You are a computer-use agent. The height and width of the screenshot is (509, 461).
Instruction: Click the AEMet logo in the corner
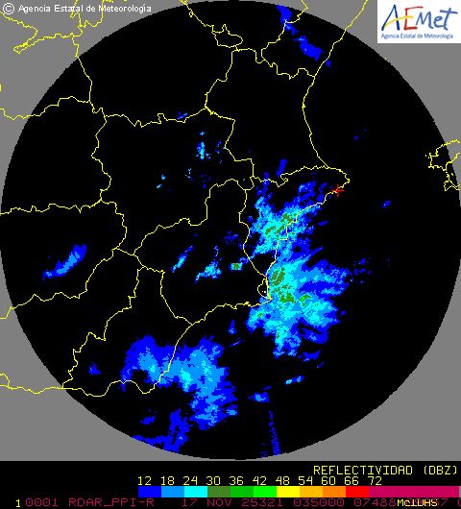click(418, 22)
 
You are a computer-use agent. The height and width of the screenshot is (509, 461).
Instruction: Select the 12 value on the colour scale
click(145, 481)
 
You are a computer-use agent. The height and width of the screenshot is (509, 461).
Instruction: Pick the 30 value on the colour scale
click(213, 481)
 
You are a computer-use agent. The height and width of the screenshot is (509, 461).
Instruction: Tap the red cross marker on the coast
click(336, 191)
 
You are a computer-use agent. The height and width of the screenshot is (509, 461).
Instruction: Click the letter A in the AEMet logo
click(394, 17)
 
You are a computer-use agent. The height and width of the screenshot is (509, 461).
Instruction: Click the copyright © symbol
click(8, 8)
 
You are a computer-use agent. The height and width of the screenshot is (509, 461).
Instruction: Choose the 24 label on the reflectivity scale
click(191, 481)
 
